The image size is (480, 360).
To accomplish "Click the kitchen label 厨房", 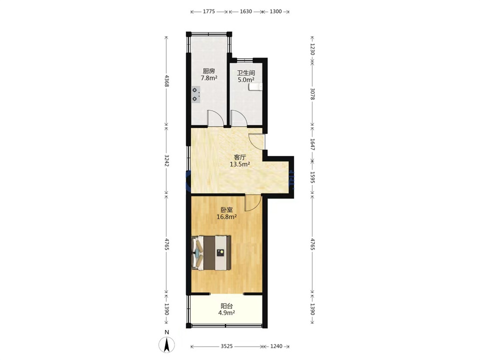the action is pyautogui.click(x=209, y=71).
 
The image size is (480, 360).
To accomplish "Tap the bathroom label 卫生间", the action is pyautogui.click(x=246, y=73).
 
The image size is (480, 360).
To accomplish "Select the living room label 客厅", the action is pyautogui.click(x=239, y=157).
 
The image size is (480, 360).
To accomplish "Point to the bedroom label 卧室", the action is pyautogui.click(x=226, y=210).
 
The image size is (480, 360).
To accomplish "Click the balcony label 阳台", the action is pyautogui.click(x=226, y=306).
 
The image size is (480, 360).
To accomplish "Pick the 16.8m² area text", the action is pyautogui.click(x=226, y=217).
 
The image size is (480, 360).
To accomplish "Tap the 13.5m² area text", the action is pyautogui.click(x=239, y=164).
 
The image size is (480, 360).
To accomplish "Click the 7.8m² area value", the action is pyautogui.click(x=209, y=78).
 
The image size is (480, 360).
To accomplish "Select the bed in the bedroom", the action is pyautogui.click(x=211, y=253).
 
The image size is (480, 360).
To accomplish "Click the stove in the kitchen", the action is pyautogui.click(x=196, y=94).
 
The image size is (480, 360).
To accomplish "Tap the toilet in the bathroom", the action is pyautogui.click(x=255, y=87).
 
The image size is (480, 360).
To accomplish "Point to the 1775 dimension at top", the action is pyautogui.click(x=209, y=11).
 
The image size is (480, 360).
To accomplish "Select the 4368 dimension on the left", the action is pyautogui.click(x=166, y=81).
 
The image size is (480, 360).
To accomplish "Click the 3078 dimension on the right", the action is pyautogui.click(x=312, y=93).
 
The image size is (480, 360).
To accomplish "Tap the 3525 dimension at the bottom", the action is pyautogui.click(x=226, y=346).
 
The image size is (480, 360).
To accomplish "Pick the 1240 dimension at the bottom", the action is pyautogui.click(x=276, y=346).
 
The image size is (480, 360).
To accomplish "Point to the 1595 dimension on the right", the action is pyautogui.click(x=312, y=177).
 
